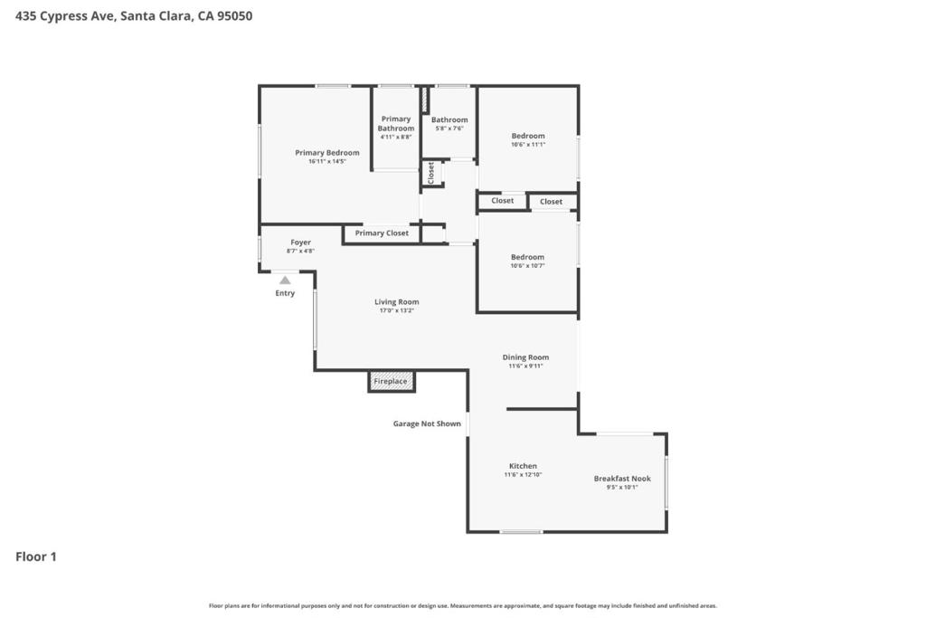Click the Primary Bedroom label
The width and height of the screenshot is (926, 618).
tap(326, 153)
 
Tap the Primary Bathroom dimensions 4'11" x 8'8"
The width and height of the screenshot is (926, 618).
tap(395, 138)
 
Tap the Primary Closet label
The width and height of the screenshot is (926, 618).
tap(382, 233)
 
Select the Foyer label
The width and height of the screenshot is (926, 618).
tap(300, 242)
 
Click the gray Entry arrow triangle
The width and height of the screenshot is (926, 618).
tap(285, 280)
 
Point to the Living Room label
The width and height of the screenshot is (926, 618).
tap(396, 302)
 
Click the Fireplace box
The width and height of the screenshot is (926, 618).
tap(392, 382)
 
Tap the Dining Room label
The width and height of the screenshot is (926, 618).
tap(525, 357)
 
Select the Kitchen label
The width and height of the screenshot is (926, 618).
tap(523, 466)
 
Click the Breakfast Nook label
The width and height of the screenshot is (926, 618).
tap(622, 479)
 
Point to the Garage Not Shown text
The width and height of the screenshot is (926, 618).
tap(427, 423)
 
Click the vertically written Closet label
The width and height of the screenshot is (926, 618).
tap(431, 172)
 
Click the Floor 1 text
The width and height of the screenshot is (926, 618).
tap(36, 556)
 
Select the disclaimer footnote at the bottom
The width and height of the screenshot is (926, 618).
tap(463, 605)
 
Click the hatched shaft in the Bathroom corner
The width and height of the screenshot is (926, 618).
tap(424, 100)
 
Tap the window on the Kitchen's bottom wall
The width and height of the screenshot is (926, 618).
tap(522, 531)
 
